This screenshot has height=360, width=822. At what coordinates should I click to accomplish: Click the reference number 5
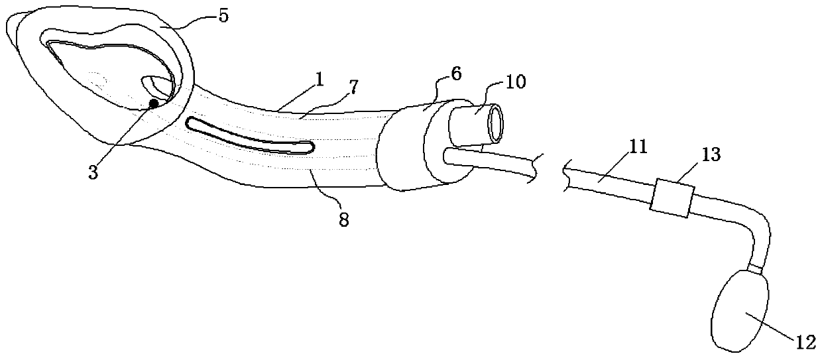coord(223,17)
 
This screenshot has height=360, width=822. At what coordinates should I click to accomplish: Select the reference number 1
coord(319,82)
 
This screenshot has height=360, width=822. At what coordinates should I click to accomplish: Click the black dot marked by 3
coord(154,103)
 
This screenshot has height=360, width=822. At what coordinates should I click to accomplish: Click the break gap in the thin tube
coord(551,170)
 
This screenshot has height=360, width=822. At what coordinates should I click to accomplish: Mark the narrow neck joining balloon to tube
coord(755,267)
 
